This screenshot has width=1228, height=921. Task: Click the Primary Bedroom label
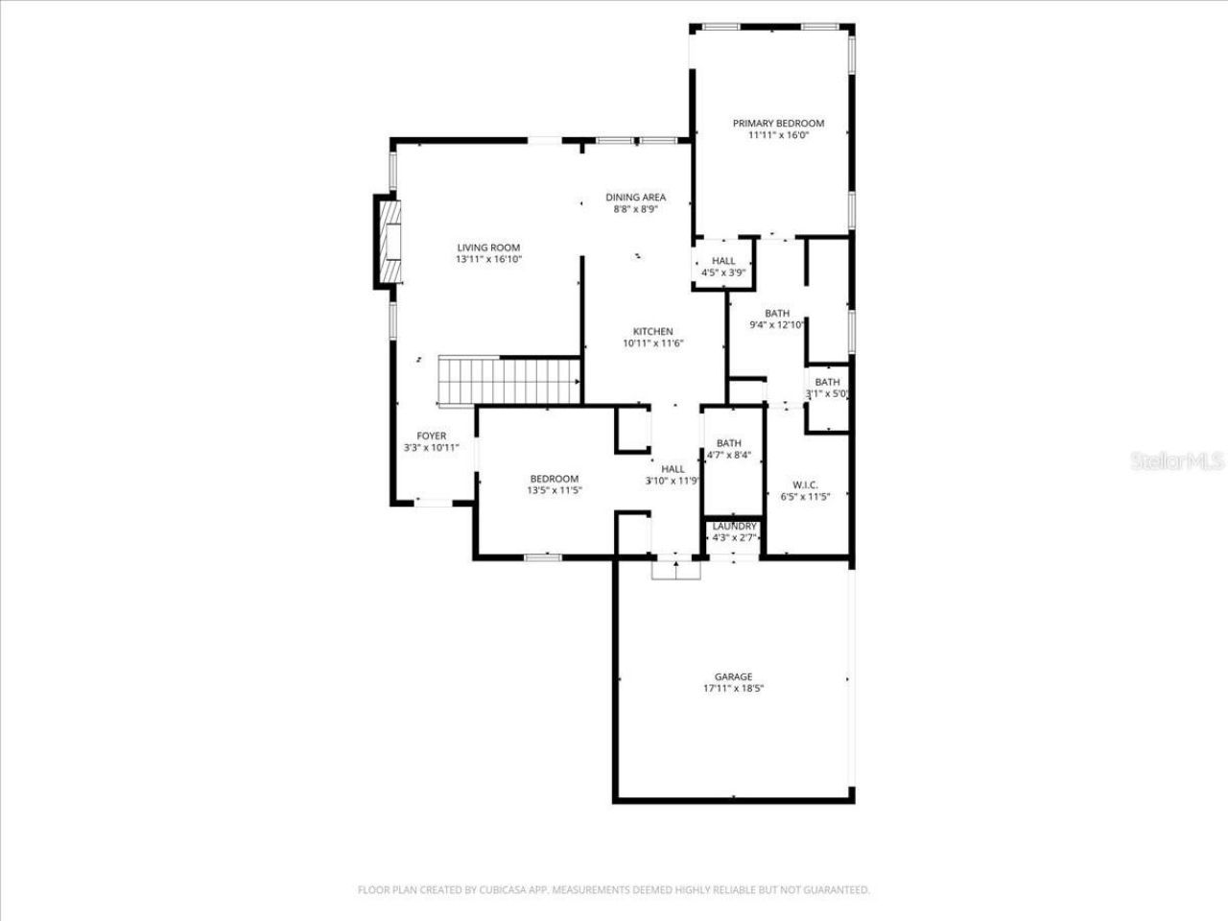pyautogui.click(x=778, y=123)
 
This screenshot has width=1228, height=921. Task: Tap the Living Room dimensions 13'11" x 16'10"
pyautogui.click(x=488, y=259)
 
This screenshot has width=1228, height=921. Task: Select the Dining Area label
pyautogui.click(x=635, y=198)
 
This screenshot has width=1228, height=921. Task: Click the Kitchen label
pyautogui.click(x=652, y=332)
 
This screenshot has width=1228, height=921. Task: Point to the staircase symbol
pyautogui.click(x=509, y=380)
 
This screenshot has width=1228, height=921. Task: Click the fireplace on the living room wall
pyautogui.click(x=387, y=241)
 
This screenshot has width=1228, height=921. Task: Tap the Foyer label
pyautogui.click(x=431, y=436)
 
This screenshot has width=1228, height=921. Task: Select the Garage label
pyautogui.click(x=733, y=676)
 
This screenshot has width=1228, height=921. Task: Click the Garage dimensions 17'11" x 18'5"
pyautogui.click(x=733, y=689)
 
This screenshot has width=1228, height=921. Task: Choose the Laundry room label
pyautogui.click(x=734, y=527)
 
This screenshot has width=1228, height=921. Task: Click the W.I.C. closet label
pyautogui.click(x=805, y=484)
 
